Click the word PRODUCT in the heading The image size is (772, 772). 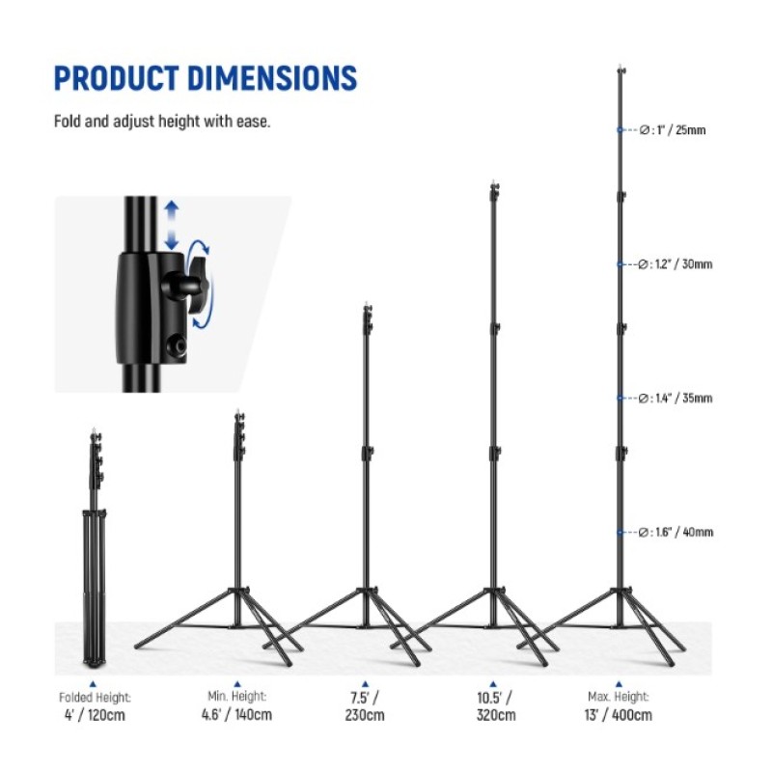tap(117, 78)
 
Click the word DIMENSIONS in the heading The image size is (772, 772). tap(272, 78)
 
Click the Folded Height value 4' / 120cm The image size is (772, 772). tap(95, 715)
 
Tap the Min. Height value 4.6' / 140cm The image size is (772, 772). tap(236, 714)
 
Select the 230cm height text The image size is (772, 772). tap(365, 715)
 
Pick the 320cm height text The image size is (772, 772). tap(496, 715)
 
